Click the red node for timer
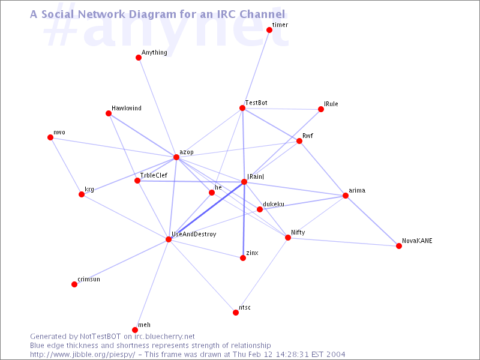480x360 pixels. pyautogui.click(x=269, y=30)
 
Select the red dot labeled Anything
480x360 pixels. pyautogui.click(x=139, y=58)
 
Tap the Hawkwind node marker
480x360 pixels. pyautogui.click(x=109, y=113)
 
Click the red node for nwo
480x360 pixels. pyautogui.click(x=50, y=137)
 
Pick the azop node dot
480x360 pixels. pyautogui.click(x=176, y=157)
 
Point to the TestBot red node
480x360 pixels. pyautogui.click(x=242, y=108)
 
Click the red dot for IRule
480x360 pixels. pyautogui.click(x=321, y=109)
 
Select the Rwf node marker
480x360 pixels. pyautogui.click(x=299, y=141)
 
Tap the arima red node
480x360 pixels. pyautogui.click(x=346, y=196)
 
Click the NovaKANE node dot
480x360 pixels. pyautogui.click(x=399, y=246)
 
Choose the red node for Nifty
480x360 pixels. pyautogui.click(x=288, y=238)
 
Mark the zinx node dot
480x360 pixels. pyautogui.click(x=243, y=258)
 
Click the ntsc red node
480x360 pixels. pyautogui.click(x=236, y=313)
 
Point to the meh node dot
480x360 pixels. pyautogui.click(x=135, y=330)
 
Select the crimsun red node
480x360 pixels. pyautogui.click(x=74, y=284)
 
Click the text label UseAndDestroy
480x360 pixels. pyautogui.click(x=193, y=234)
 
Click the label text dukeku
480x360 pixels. pyautogui.click(x=274, y=204)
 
